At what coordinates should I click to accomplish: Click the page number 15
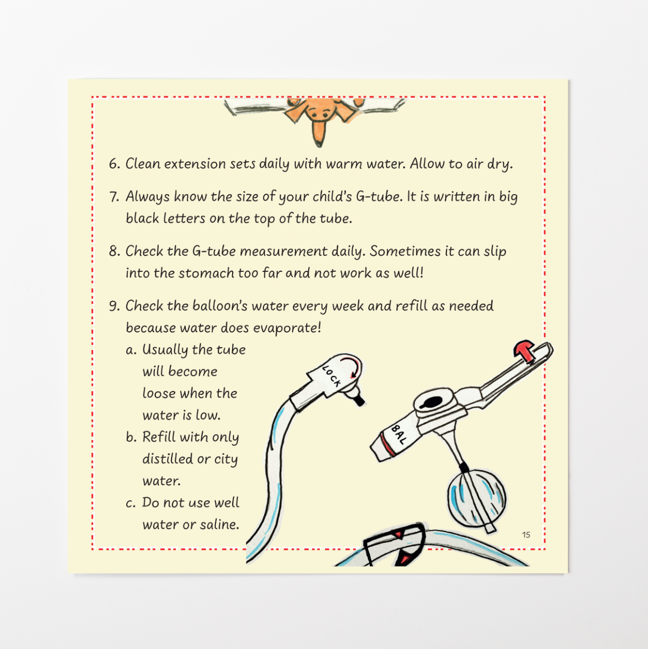[526, 534]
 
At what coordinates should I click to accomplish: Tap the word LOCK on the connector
[332, 376]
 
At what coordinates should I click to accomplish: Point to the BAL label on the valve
[399, 434]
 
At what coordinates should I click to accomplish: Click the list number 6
[114, 164]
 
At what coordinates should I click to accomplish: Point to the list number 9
[114, 306]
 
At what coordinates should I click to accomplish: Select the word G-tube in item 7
[379, 196]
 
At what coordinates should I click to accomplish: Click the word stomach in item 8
[206, 273]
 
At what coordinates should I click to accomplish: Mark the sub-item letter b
[131, 437]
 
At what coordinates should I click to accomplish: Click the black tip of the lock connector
[360, 401]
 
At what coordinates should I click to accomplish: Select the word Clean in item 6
[143, 164]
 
